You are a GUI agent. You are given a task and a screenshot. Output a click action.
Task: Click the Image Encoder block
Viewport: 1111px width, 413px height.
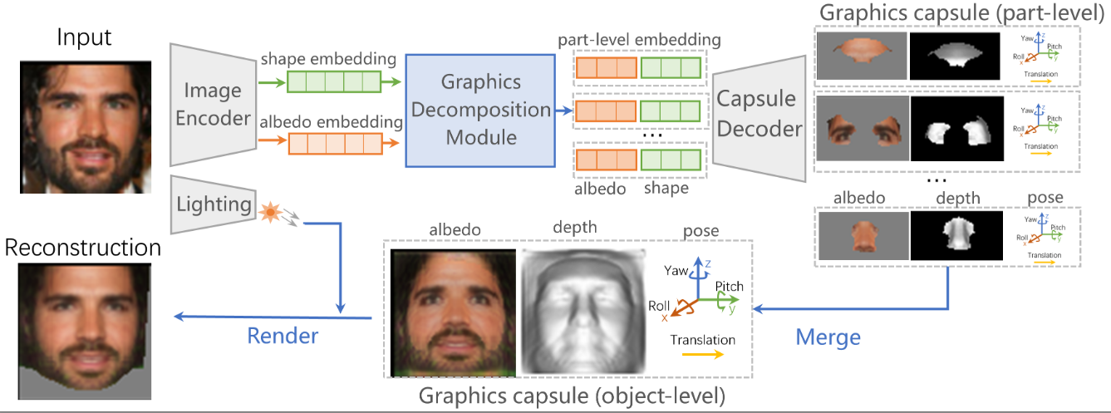click(214, 105)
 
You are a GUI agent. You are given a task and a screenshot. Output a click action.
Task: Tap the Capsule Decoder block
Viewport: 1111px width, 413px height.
click(758, 117)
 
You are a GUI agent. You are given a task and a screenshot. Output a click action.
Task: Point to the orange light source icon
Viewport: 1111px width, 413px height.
click(269, 214)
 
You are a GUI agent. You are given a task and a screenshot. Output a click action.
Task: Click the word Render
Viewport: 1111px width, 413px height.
click(283, 336)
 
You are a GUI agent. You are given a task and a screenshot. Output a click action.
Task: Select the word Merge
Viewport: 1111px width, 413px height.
click(828, 337)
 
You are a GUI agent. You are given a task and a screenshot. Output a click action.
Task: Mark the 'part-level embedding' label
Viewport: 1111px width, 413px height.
click(639, 39)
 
